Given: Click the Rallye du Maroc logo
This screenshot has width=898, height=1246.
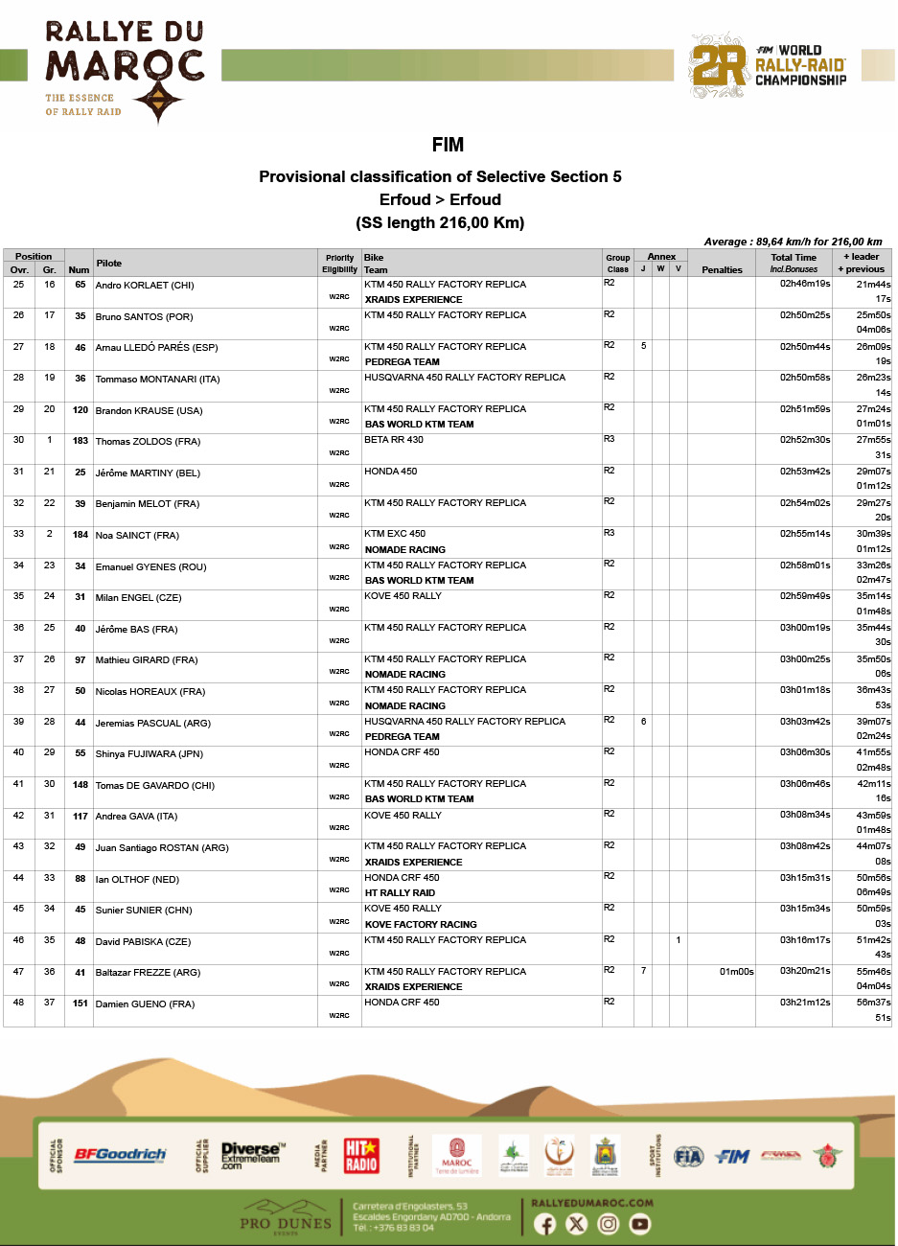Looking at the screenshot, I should click(125, 72).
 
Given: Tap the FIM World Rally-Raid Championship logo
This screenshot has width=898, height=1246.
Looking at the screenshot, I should click(769, 65).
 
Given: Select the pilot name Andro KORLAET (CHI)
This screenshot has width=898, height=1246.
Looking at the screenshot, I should click(145, 286).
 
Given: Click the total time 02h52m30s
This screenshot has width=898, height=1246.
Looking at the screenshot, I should click(805, 440).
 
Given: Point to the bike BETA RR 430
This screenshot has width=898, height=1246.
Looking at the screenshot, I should click(394, 440).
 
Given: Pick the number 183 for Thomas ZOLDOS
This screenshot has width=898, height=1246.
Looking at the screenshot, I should click(81, 441).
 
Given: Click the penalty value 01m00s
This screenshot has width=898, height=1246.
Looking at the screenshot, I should click(736, 972).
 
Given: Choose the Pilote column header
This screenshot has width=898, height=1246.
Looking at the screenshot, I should click(109, 264).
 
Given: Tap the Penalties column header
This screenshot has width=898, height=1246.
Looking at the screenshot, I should click(722, 270).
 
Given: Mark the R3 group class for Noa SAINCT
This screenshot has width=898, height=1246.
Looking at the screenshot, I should click(610, 533).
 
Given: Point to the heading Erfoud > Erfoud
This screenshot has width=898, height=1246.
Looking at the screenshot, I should click(440, 199).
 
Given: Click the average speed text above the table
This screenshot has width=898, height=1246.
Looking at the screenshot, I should click(793, 242).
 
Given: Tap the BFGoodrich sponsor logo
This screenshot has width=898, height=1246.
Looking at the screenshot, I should click(121, 1155).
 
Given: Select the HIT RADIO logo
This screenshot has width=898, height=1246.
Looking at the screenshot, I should click(361, 1155).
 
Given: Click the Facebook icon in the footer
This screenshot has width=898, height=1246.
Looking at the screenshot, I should click(544, 1224).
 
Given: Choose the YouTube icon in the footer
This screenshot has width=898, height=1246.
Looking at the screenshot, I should click(639, 1224).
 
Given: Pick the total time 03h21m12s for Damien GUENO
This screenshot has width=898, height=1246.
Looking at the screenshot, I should click(805, 1003).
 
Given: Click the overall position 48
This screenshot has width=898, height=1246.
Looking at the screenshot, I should click(18, 1003).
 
